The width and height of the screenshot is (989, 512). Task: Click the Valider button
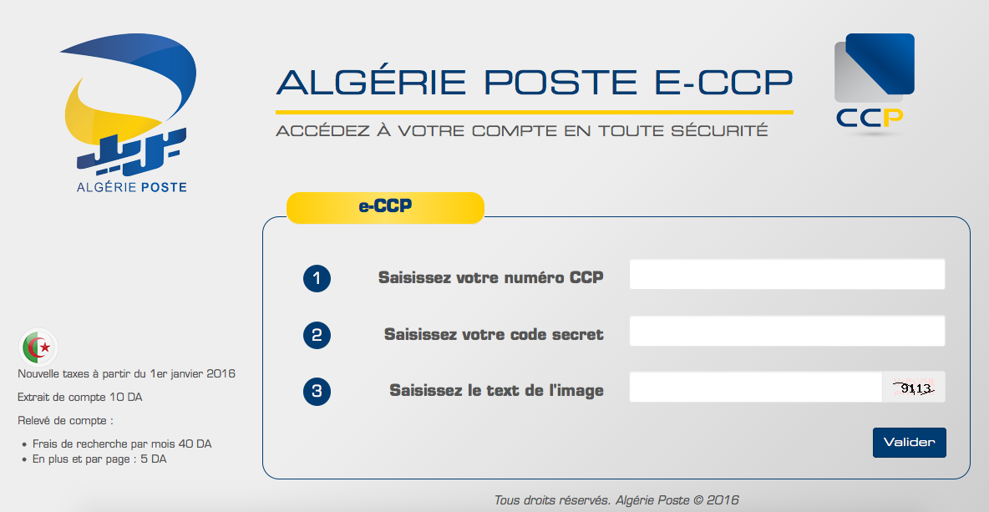909,442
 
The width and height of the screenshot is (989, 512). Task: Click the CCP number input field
787,274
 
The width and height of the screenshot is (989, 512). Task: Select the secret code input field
787,331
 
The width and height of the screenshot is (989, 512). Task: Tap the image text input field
755,387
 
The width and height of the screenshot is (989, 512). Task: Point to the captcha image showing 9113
913,388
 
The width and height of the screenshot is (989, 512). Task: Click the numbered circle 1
317,278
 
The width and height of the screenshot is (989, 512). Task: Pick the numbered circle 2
317,335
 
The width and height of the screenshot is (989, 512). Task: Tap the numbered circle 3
317,391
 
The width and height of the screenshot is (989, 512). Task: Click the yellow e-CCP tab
385,207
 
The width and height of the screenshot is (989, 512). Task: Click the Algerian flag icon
38,346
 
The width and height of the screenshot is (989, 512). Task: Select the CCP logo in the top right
874,84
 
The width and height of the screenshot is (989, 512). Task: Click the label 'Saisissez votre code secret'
494,334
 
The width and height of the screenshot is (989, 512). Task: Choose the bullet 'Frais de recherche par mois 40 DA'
122,444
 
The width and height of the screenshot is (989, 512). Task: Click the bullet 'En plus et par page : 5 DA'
99,459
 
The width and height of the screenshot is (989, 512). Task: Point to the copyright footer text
616,500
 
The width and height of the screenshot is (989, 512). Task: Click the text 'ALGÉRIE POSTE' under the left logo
132,187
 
